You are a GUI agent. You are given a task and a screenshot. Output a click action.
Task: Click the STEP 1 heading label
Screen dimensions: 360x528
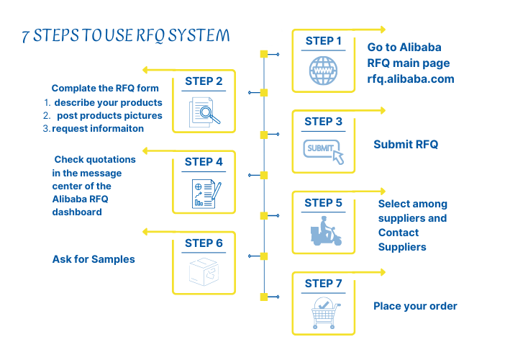pos(323,41)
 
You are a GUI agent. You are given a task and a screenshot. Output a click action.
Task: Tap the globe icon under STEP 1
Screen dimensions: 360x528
pos(323,71)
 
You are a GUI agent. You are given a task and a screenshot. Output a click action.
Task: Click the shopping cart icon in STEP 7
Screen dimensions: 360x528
pos(324,314)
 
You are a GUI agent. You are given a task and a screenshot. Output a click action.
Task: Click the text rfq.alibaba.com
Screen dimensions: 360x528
pos(410,79)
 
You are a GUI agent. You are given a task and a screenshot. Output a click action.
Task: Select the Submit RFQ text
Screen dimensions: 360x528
pos(406,145)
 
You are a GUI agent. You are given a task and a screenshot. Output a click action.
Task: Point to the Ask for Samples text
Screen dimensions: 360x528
pos(94,259)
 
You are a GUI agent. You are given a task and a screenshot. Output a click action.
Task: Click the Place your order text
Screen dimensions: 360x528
pos(415,306)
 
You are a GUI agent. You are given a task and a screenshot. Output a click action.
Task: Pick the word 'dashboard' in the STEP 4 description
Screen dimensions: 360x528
pos(77,212)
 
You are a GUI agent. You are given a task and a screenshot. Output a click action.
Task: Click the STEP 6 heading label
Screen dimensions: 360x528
pos(204,243)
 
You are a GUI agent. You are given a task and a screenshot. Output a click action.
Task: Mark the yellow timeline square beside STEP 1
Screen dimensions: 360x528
pos(264,54)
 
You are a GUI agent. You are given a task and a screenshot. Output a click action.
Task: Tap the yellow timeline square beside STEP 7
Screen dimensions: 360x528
pos(264,297)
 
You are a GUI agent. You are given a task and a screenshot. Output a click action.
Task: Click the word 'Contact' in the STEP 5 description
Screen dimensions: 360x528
pos(399,233)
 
